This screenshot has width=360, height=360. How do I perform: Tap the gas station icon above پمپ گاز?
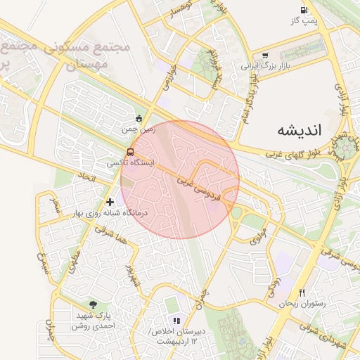[x=304, y=10]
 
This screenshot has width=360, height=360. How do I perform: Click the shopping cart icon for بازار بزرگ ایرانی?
[x=264, y=56]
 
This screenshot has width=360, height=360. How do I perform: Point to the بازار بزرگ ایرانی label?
[x=265, y=66]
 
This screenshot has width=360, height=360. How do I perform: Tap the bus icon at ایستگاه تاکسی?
[x=130, y=152]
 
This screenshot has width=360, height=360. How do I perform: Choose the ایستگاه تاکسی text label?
[x=130, y=162]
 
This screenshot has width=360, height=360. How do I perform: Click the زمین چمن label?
[x=138, y=129]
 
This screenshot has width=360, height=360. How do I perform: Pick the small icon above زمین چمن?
[x=139, y=119]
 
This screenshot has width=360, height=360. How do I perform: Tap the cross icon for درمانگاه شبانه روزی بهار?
[x=110, y=202]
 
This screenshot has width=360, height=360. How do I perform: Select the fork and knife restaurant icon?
[x=302, y=292]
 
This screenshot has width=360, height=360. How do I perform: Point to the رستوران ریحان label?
[x=302, y=304]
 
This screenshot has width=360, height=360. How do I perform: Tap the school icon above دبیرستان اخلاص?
[x=176, y=320]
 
